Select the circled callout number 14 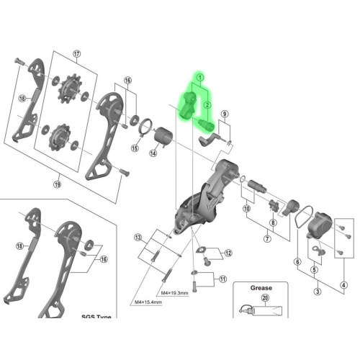153,153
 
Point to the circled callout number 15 134,148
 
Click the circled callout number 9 224,114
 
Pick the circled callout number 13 138,237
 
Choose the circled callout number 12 228,253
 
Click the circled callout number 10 247,209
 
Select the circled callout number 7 267,239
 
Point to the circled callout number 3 317,292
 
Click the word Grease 261,287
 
